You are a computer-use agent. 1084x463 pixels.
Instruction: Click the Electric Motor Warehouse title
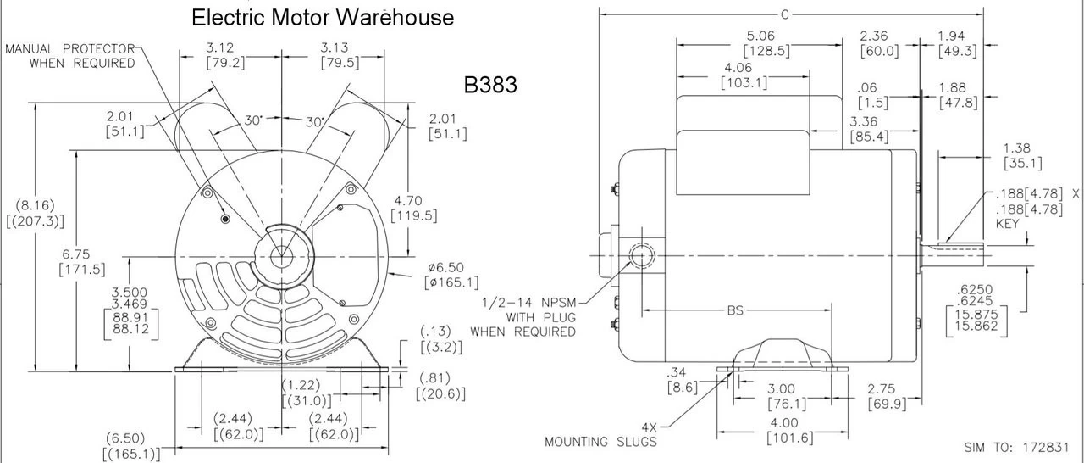[x=323, y=17]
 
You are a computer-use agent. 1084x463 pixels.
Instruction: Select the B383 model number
[x=490, y=85]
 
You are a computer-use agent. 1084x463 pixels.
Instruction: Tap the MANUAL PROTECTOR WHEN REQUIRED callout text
[x=70, y=56]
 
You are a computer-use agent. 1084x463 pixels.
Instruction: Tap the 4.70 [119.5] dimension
[x=414, y=208]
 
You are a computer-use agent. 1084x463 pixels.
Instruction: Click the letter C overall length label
[x=785, y=14]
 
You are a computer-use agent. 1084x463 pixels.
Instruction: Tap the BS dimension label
[x=734, y=311]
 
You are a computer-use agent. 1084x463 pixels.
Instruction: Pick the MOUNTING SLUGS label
[x=600, y=441]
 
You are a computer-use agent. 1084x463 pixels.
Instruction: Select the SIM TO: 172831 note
[x=1021, y=447]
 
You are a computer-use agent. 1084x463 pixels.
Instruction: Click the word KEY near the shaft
[x=1008, y=224]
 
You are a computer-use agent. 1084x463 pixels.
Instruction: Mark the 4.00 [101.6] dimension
[x=783, y=430]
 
